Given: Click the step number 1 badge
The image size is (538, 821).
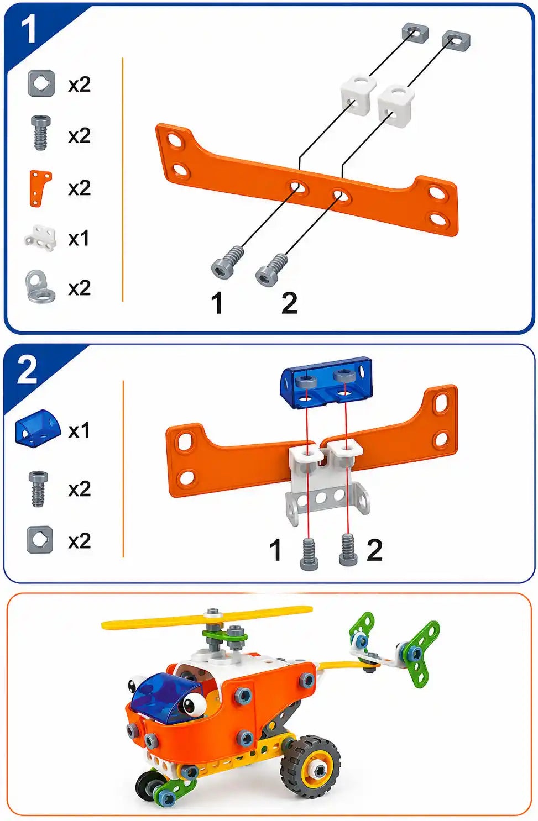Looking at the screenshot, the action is click(x=28, y=29).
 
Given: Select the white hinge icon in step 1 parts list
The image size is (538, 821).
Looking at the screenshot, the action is click(x=40, y=239).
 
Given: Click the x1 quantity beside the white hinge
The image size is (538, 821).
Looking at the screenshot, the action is click(x=79, y=239).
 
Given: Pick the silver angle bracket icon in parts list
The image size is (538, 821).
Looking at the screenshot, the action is click(x=40, y=286).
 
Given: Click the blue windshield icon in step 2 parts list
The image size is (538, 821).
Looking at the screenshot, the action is click(x=38, y=428).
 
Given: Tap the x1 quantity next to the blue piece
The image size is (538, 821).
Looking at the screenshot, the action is click(x=79, y=430).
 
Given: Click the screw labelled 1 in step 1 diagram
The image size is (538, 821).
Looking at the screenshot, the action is click(x=227, y=261).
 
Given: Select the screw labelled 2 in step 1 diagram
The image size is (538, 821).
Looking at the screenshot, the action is click(x=271, y=270).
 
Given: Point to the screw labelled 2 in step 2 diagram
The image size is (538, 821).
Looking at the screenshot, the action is click(x=347, y=550).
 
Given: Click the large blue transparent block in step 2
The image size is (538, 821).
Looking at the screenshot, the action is click(x=326, y=383).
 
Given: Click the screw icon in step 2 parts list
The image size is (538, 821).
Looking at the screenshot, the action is click(x=38, y=489).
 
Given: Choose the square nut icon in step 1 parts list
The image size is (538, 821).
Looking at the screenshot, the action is click(x=41, y=84).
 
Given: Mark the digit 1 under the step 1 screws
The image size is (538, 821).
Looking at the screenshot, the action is click(x=217, y=303).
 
